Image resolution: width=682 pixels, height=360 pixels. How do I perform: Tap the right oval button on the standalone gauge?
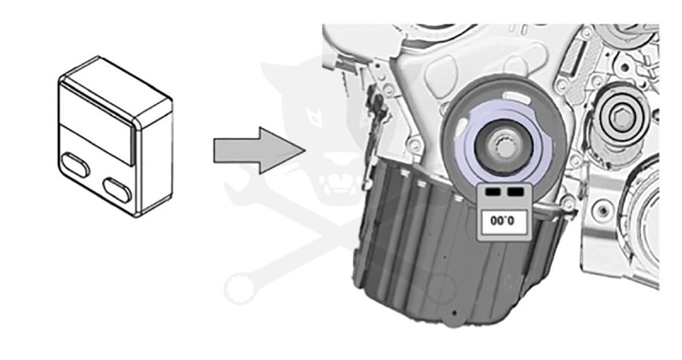pos(117,188)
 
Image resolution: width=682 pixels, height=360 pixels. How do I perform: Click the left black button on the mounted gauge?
pos(489,193)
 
